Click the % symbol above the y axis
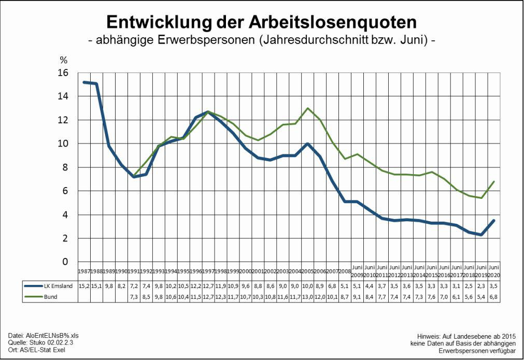tap(64, 60)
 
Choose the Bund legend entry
tap(50, 297)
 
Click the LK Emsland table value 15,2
tap(84, 285)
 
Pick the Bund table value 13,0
tap(308, 297)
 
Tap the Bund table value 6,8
tap(494, 297)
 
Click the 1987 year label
tap(84, 271)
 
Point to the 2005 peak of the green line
tap(308, 108)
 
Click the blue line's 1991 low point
tap(134, 177)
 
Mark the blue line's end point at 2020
tap(494, 221)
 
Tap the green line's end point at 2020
tap(494, 182)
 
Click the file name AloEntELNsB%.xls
tap(51, 336)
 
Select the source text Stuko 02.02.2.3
tap(53, 343)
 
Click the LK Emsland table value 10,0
tap(308, 285)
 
